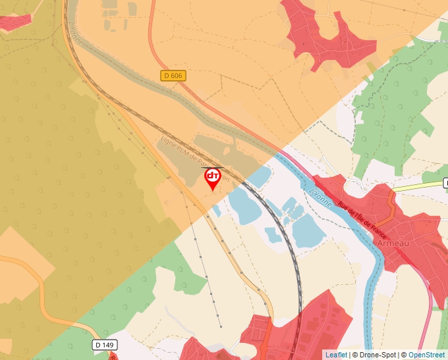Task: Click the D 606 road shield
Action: coord(173,76)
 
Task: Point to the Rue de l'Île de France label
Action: coord(362,220)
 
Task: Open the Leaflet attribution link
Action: coord(336,355)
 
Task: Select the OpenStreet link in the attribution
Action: coord(428,355)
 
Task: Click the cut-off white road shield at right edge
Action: coord(445,182)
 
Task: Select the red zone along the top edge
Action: coord(323,30)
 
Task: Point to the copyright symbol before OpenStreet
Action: coord(404,355)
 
